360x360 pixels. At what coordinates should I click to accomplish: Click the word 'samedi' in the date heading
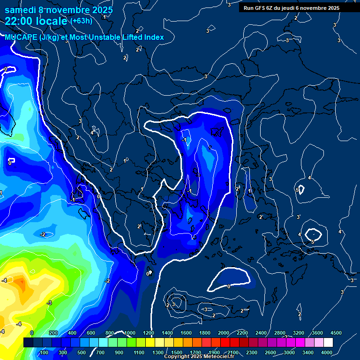20,10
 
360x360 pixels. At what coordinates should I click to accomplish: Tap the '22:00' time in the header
18,22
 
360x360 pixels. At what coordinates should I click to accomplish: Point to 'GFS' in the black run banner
260,8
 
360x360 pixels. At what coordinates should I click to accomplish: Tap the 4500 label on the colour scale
336,332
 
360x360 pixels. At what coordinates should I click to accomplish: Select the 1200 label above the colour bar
148,332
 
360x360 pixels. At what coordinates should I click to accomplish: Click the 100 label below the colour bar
45,352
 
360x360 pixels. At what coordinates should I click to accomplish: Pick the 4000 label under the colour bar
327,352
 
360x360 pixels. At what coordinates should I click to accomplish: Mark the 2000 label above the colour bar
224,332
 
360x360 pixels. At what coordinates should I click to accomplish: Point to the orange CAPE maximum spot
20,283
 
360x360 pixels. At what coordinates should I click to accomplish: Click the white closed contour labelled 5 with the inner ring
313,233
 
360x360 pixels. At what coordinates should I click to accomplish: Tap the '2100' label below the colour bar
233,352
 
